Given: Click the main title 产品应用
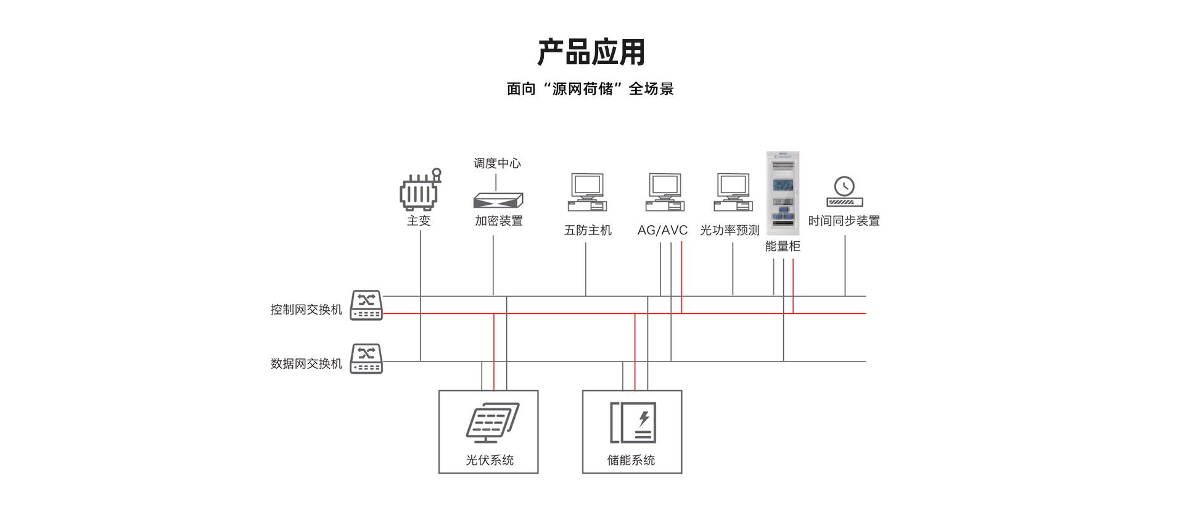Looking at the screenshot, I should coord(591,52).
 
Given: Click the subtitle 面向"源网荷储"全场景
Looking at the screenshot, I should coord(590,89).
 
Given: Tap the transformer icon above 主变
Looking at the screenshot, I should coord(420,191).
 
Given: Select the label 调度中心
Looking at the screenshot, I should coord(497,163).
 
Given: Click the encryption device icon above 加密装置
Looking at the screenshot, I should coord(498,200).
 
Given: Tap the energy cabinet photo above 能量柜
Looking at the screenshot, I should coord(783,193).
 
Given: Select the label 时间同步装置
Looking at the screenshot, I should coord(844,221).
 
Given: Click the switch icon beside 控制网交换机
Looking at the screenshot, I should coord(366,305).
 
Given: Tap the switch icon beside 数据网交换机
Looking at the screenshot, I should coord(366,359).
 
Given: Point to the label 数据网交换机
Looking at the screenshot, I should coord(306,364).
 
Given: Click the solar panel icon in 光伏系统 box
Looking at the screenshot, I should coord(492,422).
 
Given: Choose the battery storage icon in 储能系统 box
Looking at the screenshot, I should coord(633,422).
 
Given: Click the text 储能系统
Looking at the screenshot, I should coord(631,460).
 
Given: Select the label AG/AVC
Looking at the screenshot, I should coord(662,231).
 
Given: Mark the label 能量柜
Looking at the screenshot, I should coord(783,247).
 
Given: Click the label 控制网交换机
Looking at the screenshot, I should coord(306,310).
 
